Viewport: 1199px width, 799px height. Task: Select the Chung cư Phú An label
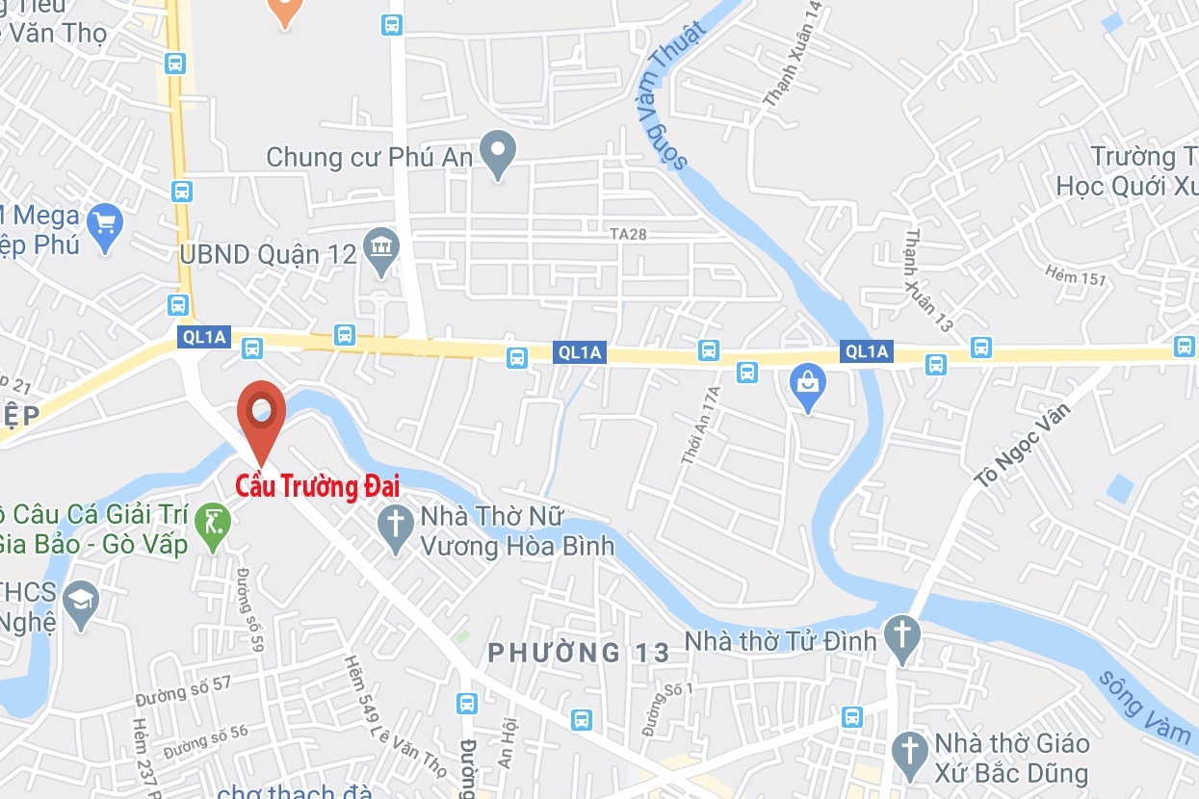[x=371, y=157]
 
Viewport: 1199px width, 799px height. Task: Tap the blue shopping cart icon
[x=105, y=226]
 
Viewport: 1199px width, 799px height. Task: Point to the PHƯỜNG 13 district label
[x=578, y=653]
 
